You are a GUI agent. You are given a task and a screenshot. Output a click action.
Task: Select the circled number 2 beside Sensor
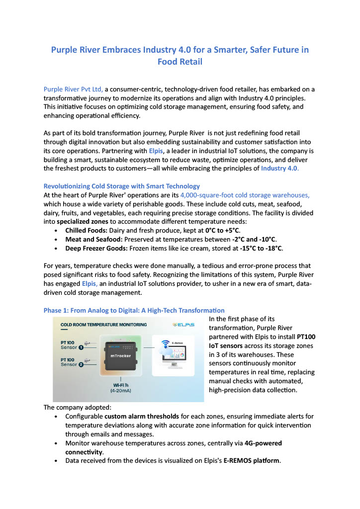(81, 364)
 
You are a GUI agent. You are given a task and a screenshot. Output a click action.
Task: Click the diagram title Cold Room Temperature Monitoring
(103, 325)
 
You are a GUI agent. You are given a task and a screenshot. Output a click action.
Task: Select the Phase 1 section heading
(134, 310)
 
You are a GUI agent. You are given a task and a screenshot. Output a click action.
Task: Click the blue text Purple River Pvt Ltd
(73, 89)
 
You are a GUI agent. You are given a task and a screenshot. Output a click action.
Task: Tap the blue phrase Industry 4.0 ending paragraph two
(280, 168)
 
